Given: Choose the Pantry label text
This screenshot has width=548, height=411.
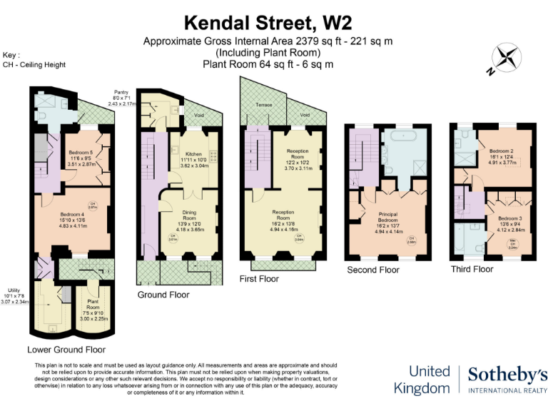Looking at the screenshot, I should click(120, 92).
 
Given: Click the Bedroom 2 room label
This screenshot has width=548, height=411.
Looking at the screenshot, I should click(504, 151).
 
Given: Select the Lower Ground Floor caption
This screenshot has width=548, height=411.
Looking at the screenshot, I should click(66, 350).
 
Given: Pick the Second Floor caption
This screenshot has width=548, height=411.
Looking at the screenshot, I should click(373, 270).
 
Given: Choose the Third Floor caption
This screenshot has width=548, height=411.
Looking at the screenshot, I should click(472, 269).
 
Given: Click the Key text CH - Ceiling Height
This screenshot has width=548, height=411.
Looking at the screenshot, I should click(35, 64).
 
